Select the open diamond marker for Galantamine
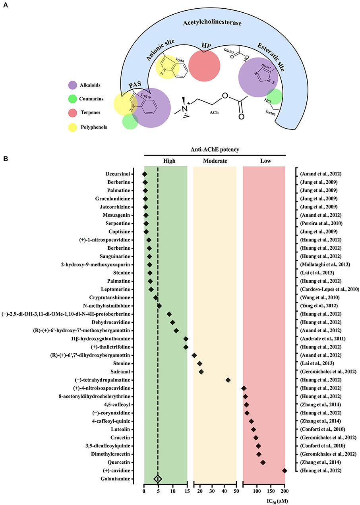158,479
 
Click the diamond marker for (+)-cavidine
285,470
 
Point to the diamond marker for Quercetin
263,462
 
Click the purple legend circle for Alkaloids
72,85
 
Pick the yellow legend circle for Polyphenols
72,127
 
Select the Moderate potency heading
215,161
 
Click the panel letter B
6,158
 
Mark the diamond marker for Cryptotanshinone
156,297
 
